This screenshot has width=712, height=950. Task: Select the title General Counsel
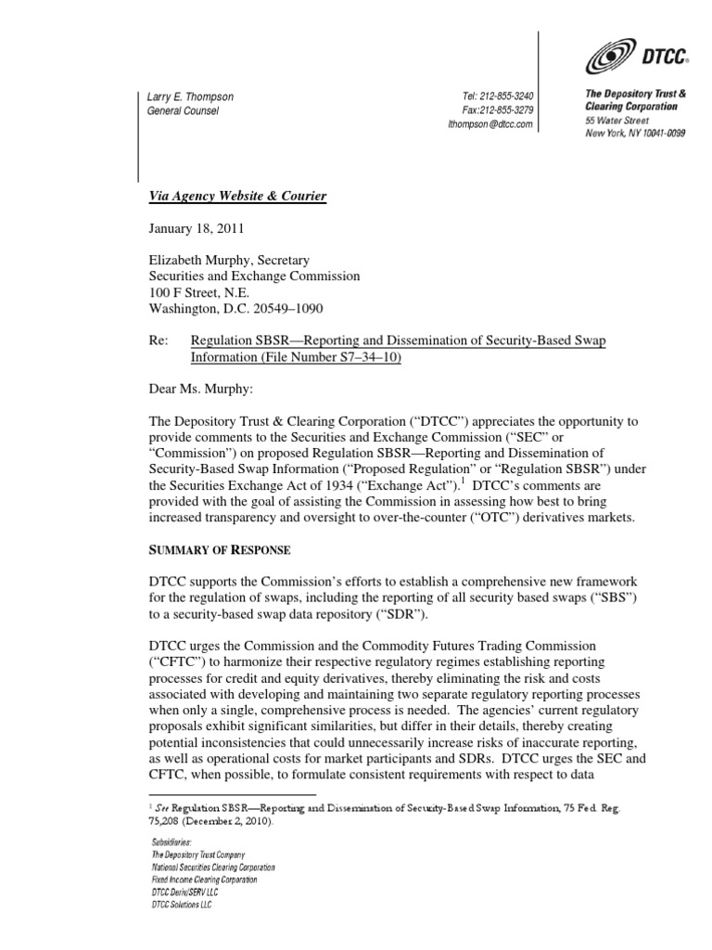click(184, 111)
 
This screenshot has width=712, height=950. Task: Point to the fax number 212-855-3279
click(506, 110)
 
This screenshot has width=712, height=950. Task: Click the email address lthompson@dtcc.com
click(489, 124)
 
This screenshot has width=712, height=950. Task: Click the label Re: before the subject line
click(159, 341)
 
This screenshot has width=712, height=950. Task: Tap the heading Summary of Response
click(220, 550)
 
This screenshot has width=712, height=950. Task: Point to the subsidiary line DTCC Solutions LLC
click(181, 905)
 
